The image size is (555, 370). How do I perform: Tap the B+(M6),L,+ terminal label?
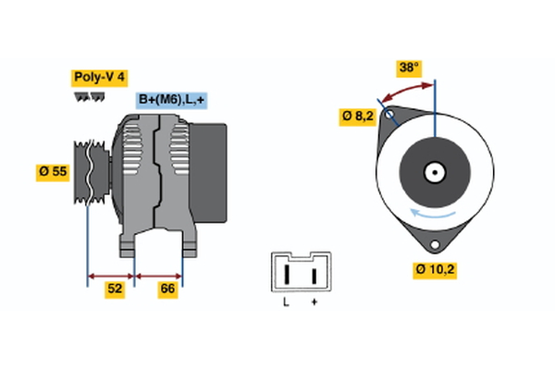(171, 100)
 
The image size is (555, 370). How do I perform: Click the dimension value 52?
(114, 290)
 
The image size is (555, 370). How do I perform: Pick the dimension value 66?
(167, 290)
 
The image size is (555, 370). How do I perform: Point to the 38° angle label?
(409, 68)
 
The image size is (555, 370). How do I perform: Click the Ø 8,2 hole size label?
(358, 117)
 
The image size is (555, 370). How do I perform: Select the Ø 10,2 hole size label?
(434, 270)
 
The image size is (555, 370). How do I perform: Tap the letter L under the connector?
(287, 302)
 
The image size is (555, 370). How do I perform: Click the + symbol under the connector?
(314, 302)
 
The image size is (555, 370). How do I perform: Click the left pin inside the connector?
(288, 275)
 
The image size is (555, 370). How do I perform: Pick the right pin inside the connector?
(314, 275)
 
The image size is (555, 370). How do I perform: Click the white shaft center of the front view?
(434, 171)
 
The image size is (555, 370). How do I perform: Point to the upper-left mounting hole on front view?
(390, 117)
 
